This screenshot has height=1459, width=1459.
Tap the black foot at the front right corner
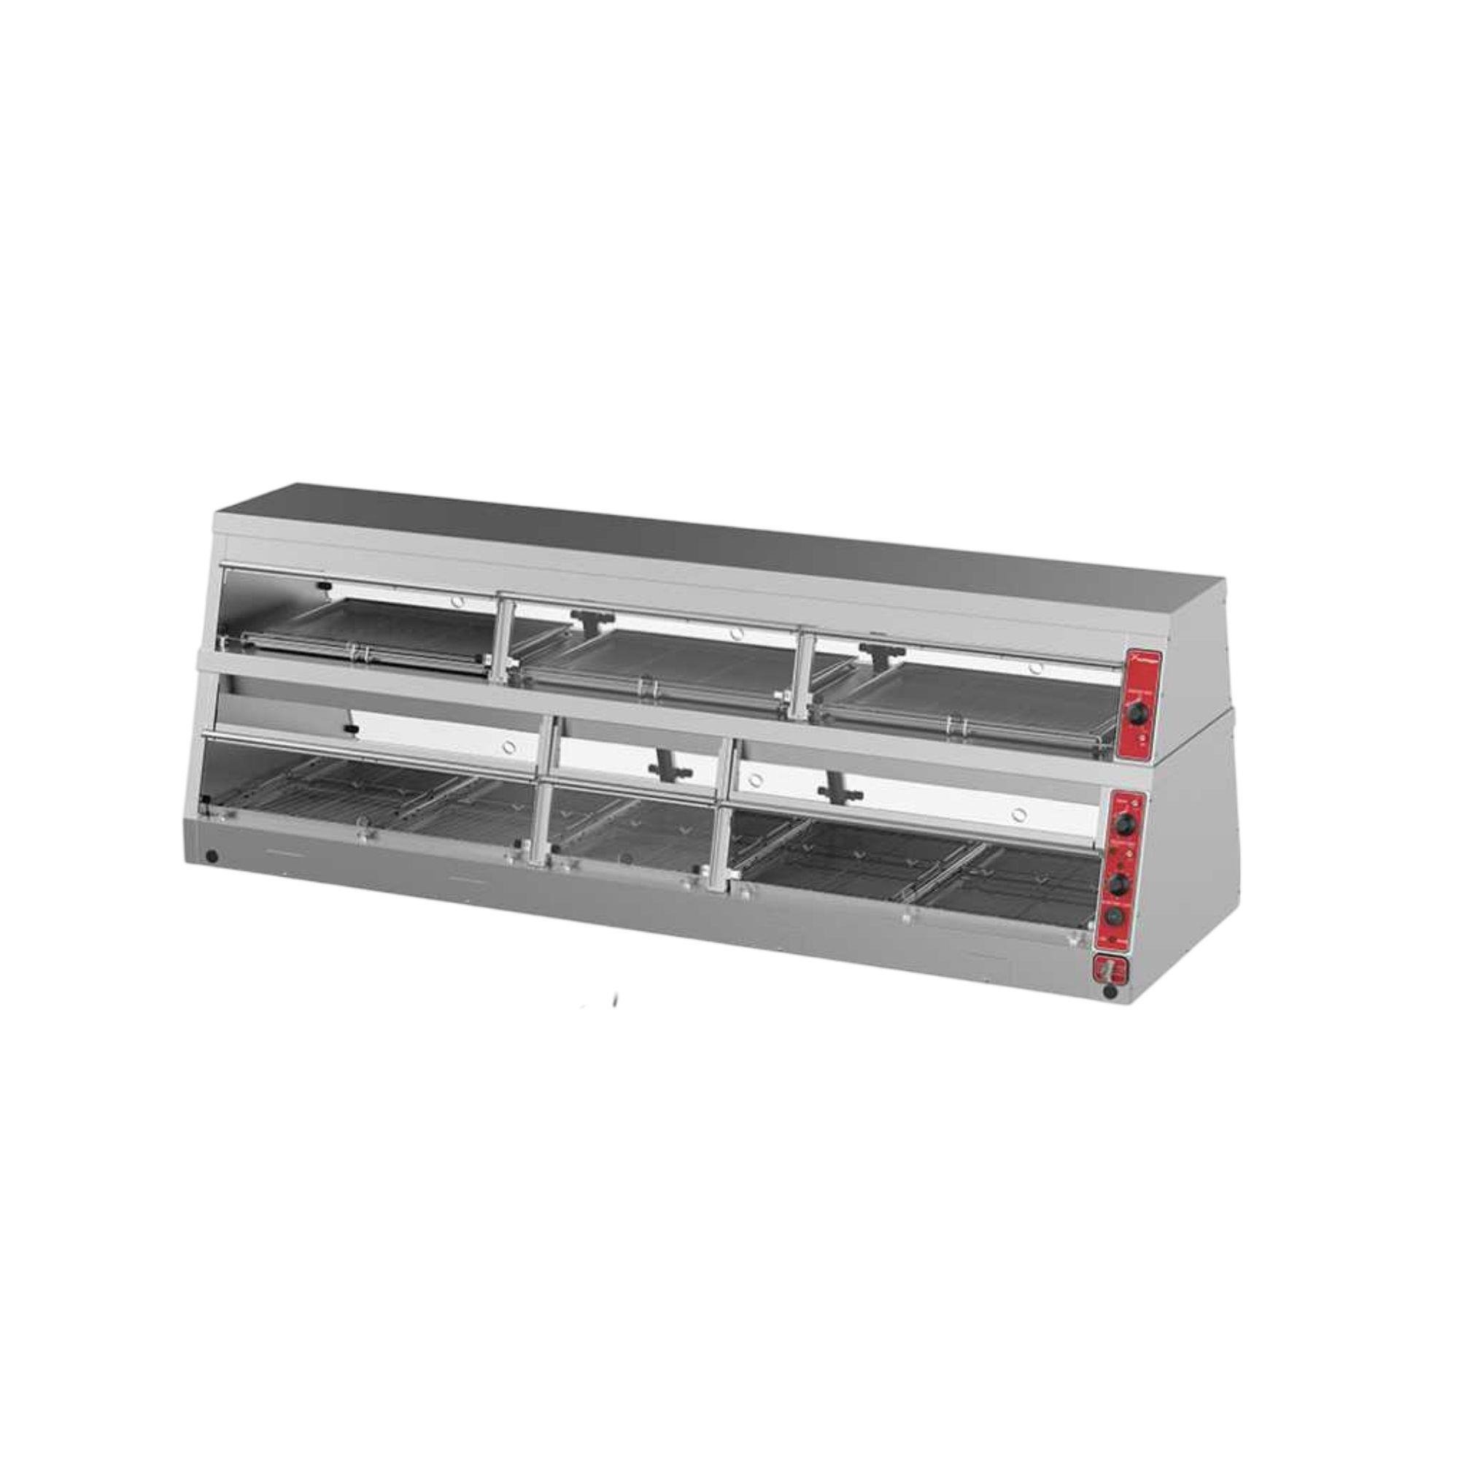click(1109, 991)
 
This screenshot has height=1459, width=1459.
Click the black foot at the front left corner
click(212, 857)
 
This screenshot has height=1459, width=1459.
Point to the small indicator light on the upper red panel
click(1141, 738)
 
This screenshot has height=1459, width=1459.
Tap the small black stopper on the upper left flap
click(323, 586)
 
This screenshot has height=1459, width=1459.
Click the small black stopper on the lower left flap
click(349, 729)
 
